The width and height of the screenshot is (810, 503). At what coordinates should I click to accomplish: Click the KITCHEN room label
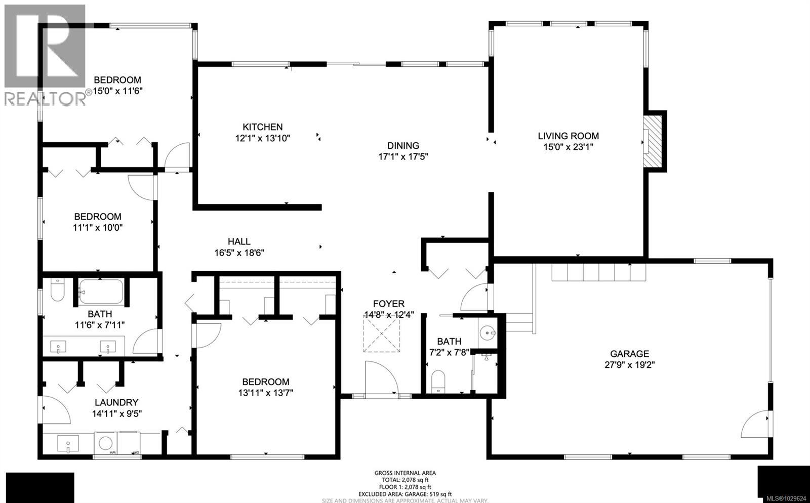(x=262, y=127)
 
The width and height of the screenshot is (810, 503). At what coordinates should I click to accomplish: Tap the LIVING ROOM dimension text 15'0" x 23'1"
(x=568, y=147)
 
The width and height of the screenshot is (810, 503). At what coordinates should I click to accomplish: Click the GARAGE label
(x=629, y=354)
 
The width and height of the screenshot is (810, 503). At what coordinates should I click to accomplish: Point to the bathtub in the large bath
(x=101, y=291)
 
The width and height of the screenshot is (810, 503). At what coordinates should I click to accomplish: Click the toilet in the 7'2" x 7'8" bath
(x=438, y=381)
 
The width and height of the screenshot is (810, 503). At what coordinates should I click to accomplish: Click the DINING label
(x=403, y=146)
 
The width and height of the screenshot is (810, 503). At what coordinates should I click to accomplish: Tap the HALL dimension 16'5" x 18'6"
(x=239, y=253)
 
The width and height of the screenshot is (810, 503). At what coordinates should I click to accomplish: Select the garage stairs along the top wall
(x=599, y=273)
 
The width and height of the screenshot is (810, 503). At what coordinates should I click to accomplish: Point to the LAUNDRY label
(x=116, y=402)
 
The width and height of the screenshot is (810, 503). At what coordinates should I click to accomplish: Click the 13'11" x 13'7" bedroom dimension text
(x=266, y=393)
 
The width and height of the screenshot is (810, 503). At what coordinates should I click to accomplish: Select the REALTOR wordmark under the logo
(x=45, y=99)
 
